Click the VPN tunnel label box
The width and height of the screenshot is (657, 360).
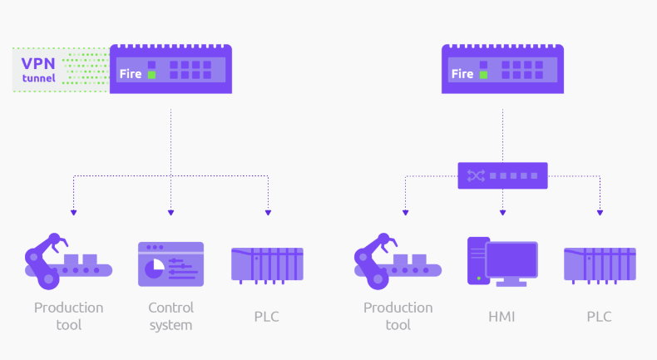coord(38,70)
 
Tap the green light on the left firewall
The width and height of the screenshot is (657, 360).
coord(151,75)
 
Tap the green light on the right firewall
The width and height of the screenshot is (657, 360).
coord(483,75)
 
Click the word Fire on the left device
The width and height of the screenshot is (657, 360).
coord(131,75)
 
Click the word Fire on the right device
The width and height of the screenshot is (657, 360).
coord(462,75)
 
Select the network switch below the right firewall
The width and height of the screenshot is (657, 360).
coord(502,175)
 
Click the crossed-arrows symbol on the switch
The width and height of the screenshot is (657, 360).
coord(475,175)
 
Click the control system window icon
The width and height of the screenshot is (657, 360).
coord(170,264)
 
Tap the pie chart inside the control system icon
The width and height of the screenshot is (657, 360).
coord(155,268)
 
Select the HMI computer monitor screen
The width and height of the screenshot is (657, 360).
coord(511,260)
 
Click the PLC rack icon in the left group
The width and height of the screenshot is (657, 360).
coord(266,264)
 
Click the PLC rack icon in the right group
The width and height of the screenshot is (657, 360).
coord(599,264)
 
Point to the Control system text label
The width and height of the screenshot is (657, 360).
coord(170,316)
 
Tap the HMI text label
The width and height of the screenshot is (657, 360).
coord(501,317)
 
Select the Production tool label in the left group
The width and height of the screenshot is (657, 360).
coord(69,316)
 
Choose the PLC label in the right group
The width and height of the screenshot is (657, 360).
coord(599,317)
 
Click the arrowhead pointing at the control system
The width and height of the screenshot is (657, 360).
coord(170,213)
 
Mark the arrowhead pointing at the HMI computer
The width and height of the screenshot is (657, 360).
coord(502,213)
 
